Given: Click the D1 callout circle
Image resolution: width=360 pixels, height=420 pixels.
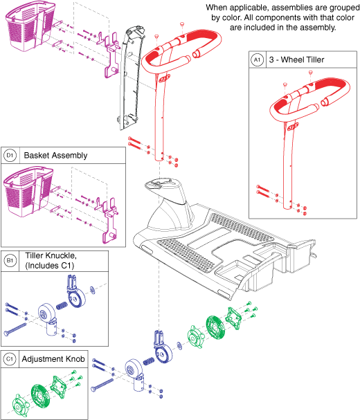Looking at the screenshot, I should (10, 155).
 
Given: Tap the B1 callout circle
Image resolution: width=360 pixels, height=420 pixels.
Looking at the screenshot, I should (10, 261).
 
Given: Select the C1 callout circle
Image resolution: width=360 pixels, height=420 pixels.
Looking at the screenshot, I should (10, 359).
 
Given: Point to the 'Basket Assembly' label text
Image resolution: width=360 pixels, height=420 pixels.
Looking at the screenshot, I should (55, 155).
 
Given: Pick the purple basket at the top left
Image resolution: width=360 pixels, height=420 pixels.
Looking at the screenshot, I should (26, 31).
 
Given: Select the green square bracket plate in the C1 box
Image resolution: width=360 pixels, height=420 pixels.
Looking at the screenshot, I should (62, 391).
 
